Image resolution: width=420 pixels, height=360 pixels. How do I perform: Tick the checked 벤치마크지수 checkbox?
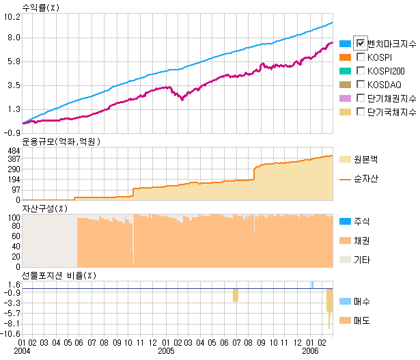[361, 44]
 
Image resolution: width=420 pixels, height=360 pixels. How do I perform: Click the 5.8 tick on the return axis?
[13, 61]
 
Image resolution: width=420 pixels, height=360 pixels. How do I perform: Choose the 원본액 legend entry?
[366, 158]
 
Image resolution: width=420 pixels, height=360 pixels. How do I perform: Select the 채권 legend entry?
[362, 240]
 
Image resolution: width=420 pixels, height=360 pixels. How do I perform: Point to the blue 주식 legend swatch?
[345, 221]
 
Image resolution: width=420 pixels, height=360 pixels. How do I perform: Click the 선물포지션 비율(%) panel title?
[57, 275]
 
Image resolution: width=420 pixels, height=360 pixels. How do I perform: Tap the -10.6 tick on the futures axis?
[12, 334]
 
